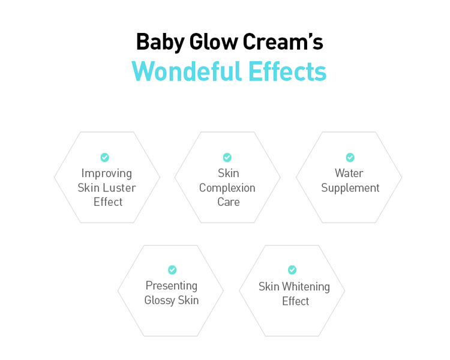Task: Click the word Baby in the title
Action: (160, 42)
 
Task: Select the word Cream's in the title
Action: (283, 41)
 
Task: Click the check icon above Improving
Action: (105, 157)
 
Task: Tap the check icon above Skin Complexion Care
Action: (227, 157)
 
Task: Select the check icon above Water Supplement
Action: (350, 157)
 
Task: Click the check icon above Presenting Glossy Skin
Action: (172, 270)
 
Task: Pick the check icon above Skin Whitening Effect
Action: (292, 270)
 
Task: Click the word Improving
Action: (106, 173)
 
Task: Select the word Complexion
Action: (227, 188)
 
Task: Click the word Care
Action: (229, 202)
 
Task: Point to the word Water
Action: (349, 173)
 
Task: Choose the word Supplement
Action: (350, 188)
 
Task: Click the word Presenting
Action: (172, 286)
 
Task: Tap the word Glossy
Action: (160, 301)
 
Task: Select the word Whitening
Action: (305, 287)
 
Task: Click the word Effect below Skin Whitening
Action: (296, 301)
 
